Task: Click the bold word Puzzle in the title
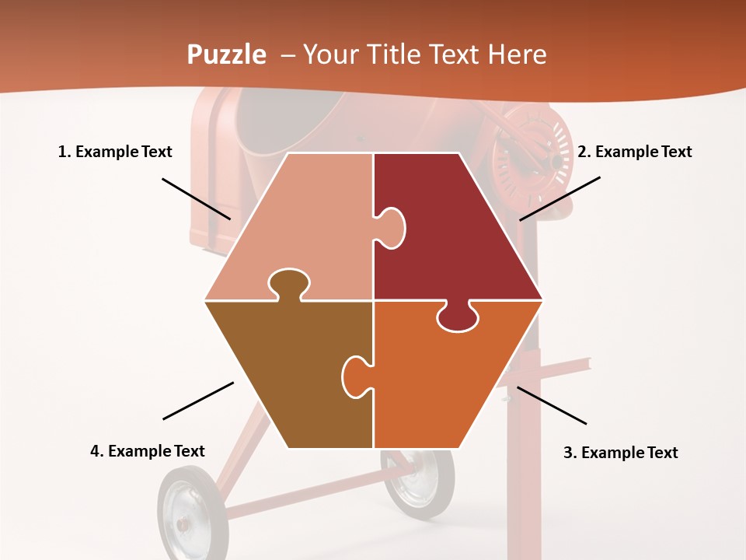(x=226, y=55)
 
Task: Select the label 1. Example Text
(x=115, y=152)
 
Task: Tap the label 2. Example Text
(x=634, y=152)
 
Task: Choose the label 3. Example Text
(x=620, y=453)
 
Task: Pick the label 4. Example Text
(x=148, y=451)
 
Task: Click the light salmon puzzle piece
(x=303, y=226)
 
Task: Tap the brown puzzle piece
(x=295, y=373)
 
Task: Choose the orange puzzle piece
(x=443, y=381)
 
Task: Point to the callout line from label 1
(x=196, y=198)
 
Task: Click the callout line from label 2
(x=559, y=198)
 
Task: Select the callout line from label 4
(x=198, y=401)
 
